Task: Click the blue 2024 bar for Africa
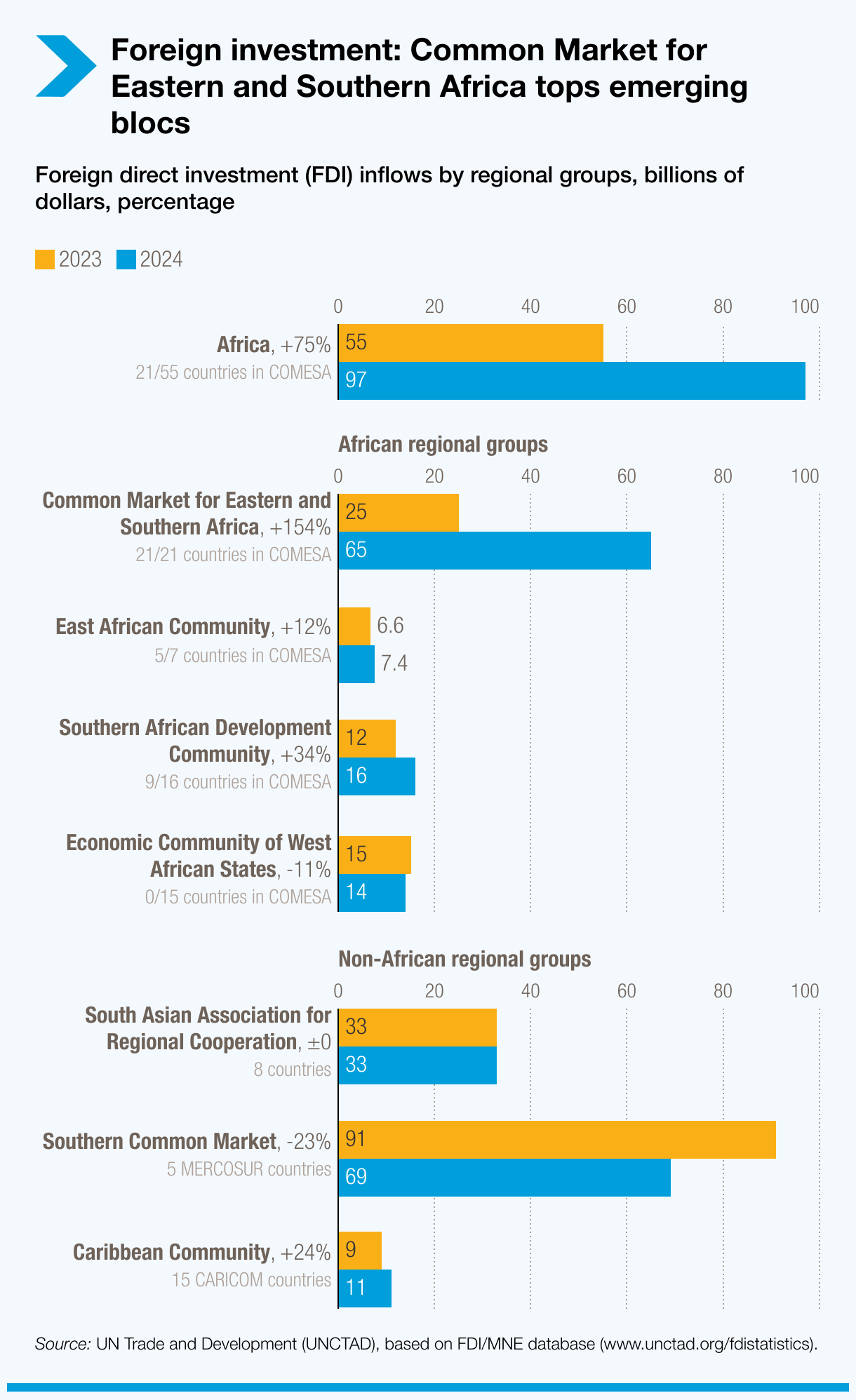pyautogui.click(x=572, y=381)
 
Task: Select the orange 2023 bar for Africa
pyautogui.click(x=471, y=343)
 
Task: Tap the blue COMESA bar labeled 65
pyautogui.click(x=495, y=550)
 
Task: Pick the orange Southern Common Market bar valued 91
pyautogui.click(x=557, y=1139)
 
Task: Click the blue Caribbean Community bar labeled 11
pyautogui.click(x=365, y=1288)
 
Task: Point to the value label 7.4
pyautogui.click(x=394, y=664)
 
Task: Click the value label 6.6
pyautogui.click(x=390, y=626)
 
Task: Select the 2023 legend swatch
pyautogui.click(x=45, y=260)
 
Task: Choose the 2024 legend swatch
pyautogui.click(x=126, y=260)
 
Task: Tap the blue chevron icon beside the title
pyautogui.click(x=65, y=66)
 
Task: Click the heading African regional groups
pyautogui.click(x=443, y=445)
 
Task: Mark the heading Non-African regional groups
pyautogui.click(x=464, y=959)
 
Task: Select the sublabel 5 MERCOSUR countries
pyautogui.click(x=249, y=1169)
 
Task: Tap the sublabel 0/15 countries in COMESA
pyautogui.click(x=238, y=897)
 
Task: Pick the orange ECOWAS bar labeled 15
pyautogui.click(x=375, y=854)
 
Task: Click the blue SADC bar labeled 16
pyautogui.click(x=377, y=776)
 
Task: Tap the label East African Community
pyautogui.click(x=163, y=627)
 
